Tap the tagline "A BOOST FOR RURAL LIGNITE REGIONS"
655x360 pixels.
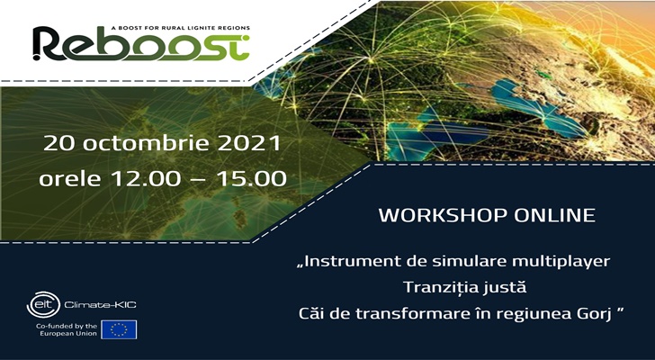click(x=181, y=28)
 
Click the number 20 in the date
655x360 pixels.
click(x=59, y=143)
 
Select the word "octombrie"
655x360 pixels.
click(x=147, y=143)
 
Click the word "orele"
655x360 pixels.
click(x=70, y=179)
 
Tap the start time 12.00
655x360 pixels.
click(x=146, y=179)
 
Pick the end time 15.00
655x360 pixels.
click(x=251, y=179)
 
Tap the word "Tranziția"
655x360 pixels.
click(x=440, y=287)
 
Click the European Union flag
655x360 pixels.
click(x=119, y=329)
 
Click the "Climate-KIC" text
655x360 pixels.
click(x=100, y=305)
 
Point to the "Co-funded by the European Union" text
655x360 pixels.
click(x=67, y=329)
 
